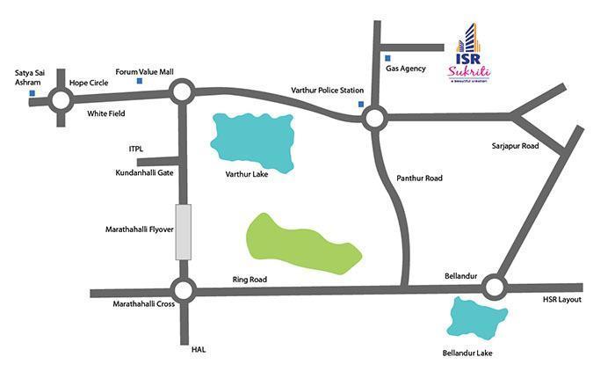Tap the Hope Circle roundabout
point(61,100)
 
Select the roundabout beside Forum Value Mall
point(182,91)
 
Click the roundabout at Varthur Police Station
point(374,118)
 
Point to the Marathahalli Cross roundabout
point(183,289)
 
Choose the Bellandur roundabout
point(493,287)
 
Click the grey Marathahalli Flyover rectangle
point(183,231)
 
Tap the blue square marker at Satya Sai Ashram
point(32,92)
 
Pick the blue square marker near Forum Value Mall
point(139,82)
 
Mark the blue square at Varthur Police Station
point(360,105)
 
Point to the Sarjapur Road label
point(517,146)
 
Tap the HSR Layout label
point(562,300)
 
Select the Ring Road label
point(250,280)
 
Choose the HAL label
point(197,349)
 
